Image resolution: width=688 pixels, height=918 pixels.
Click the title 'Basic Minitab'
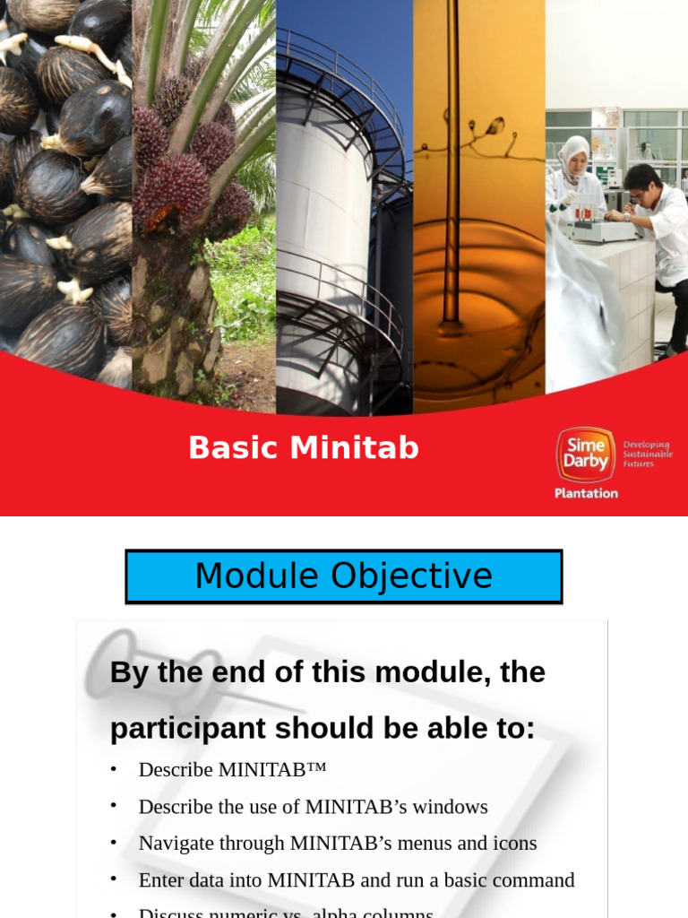coord(303,447)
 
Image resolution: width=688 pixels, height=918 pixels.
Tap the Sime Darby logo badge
coord(585,455)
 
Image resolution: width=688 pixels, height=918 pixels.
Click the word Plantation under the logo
coord(586,493)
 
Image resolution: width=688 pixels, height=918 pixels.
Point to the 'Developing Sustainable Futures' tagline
coord(647,454)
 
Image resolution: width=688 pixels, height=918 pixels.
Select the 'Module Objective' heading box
coord(343,576)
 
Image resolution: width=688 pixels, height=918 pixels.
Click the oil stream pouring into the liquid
coord(451,179)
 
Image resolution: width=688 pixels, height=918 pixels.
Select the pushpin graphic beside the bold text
coord(125,668)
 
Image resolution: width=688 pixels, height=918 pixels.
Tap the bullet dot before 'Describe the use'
coord(114,806)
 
